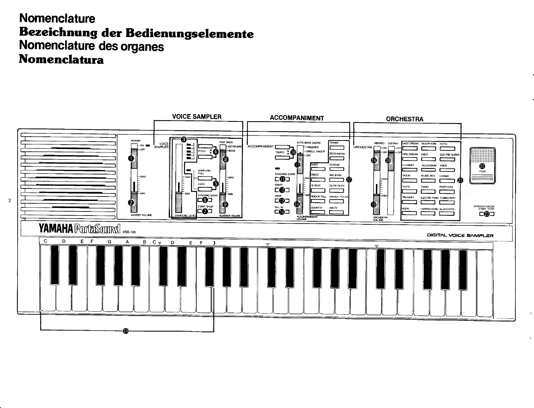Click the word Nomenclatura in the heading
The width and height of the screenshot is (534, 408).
pos(61,60)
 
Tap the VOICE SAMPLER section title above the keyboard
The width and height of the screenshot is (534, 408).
pos(197,117)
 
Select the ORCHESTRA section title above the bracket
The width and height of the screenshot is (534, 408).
pos(404,119)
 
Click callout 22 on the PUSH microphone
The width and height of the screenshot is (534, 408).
pos(482,166)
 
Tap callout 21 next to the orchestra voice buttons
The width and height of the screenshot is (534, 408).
pos(460,180)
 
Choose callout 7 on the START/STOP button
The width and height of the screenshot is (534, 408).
pos(205,211)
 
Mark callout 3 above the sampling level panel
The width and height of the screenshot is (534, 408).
pos(184,139)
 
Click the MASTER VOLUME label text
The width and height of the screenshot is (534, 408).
pos(141,215)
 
